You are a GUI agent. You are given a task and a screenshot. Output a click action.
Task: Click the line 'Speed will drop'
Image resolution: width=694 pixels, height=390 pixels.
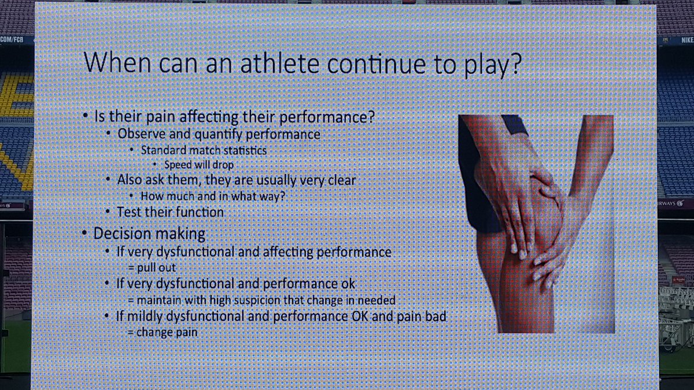pos(199,165)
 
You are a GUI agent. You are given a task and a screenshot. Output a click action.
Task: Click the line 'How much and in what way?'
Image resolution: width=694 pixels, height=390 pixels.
pos(212,196)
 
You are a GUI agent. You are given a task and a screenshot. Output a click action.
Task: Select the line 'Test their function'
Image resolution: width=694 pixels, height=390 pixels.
pos(170,212)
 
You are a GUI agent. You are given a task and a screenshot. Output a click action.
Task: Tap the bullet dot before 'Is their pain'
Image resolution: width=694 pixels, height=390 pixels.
pos(86,116)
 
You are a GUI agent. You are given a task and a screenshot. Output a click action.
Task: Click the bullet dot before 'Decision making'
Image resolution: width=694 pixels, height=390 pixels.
pos(86,234)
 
